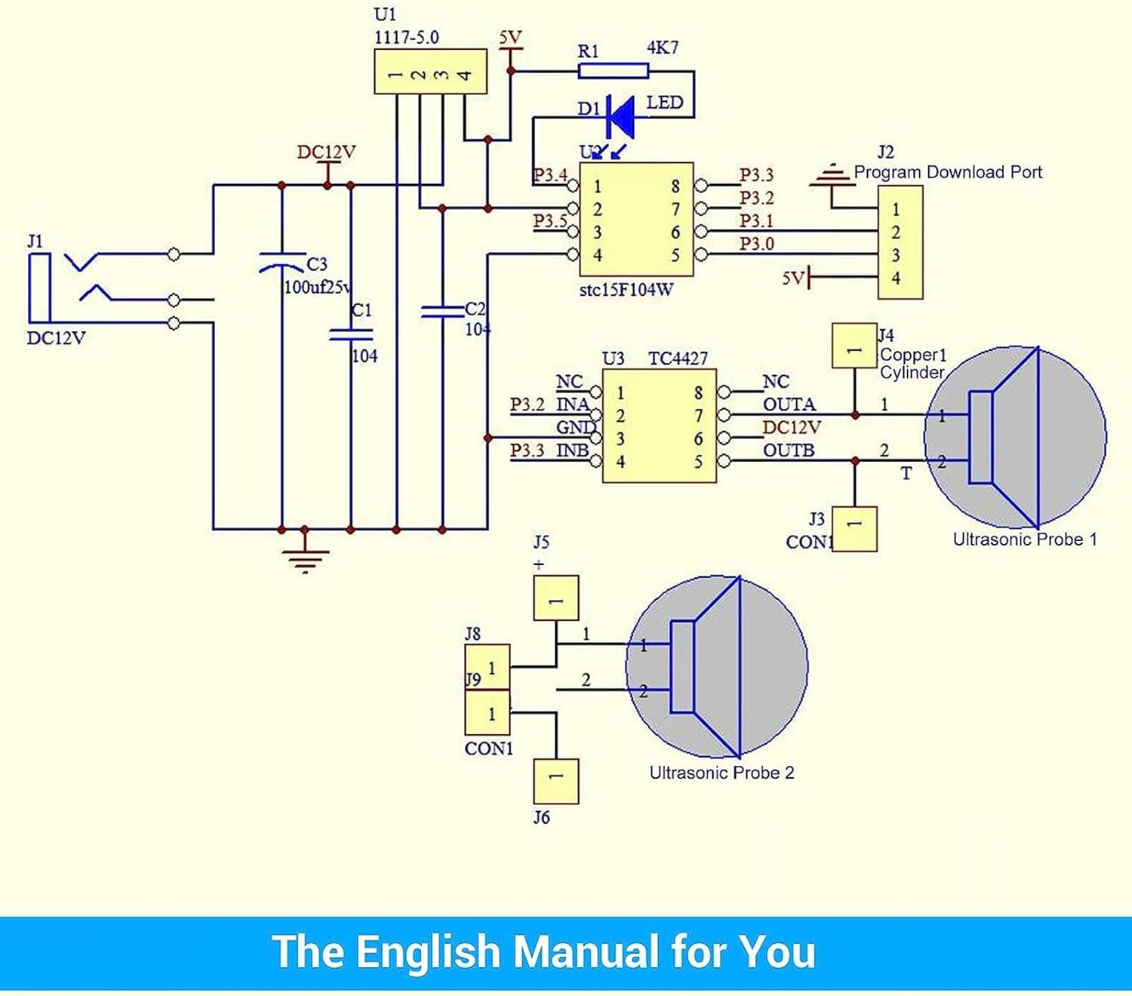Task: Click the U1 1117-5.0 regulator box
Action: click(x=430, y=72)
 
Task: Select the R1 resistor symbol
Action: click(x=613, y=71)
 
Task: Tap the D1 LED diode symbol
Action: click(x=621, y=116)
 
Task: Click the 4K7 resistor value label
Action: click(x=663, y=48)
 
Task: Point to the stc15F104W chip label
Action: click(x=626, y=290)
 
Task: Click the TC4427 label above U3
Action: click(x=678, y=358)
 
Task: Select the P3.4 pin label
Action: click(x=550, y=175)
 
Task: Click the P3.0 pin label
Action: click(x=756, y=244)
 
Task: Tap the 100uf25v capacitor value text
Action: click(x=316, y=287)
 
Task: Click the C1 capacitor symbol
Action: click(x=351, y=334)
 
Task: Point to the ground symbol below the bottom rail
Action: click(x=305, y=559)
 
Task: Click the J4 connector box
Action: click(x=854, y=346)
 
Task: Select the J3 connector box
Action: click(x=854, y=529)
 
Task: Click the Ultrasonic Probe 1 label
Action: click(x=1024, y=539)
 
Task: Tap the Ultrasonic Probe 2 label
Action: click(x=721, y=773)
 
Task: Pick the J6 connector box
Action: click(x=556, y=781)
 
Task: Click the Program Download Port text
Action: click(x=947, y=172)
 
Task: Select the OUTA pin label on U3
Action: click(x=789, y=404)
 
